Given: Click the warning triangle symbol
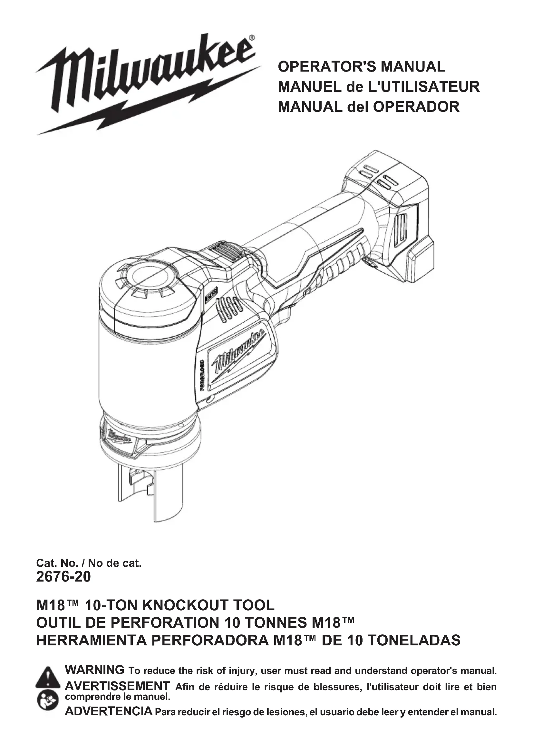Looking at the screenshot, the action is pyautogui.click(x=48, y=676).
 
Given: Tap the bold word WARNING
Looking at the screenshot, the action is pyautogui.click(x=94, y=670).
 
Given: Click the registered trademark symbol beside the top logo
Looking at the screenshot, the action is pyautogui.click(x=251, y=38).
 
